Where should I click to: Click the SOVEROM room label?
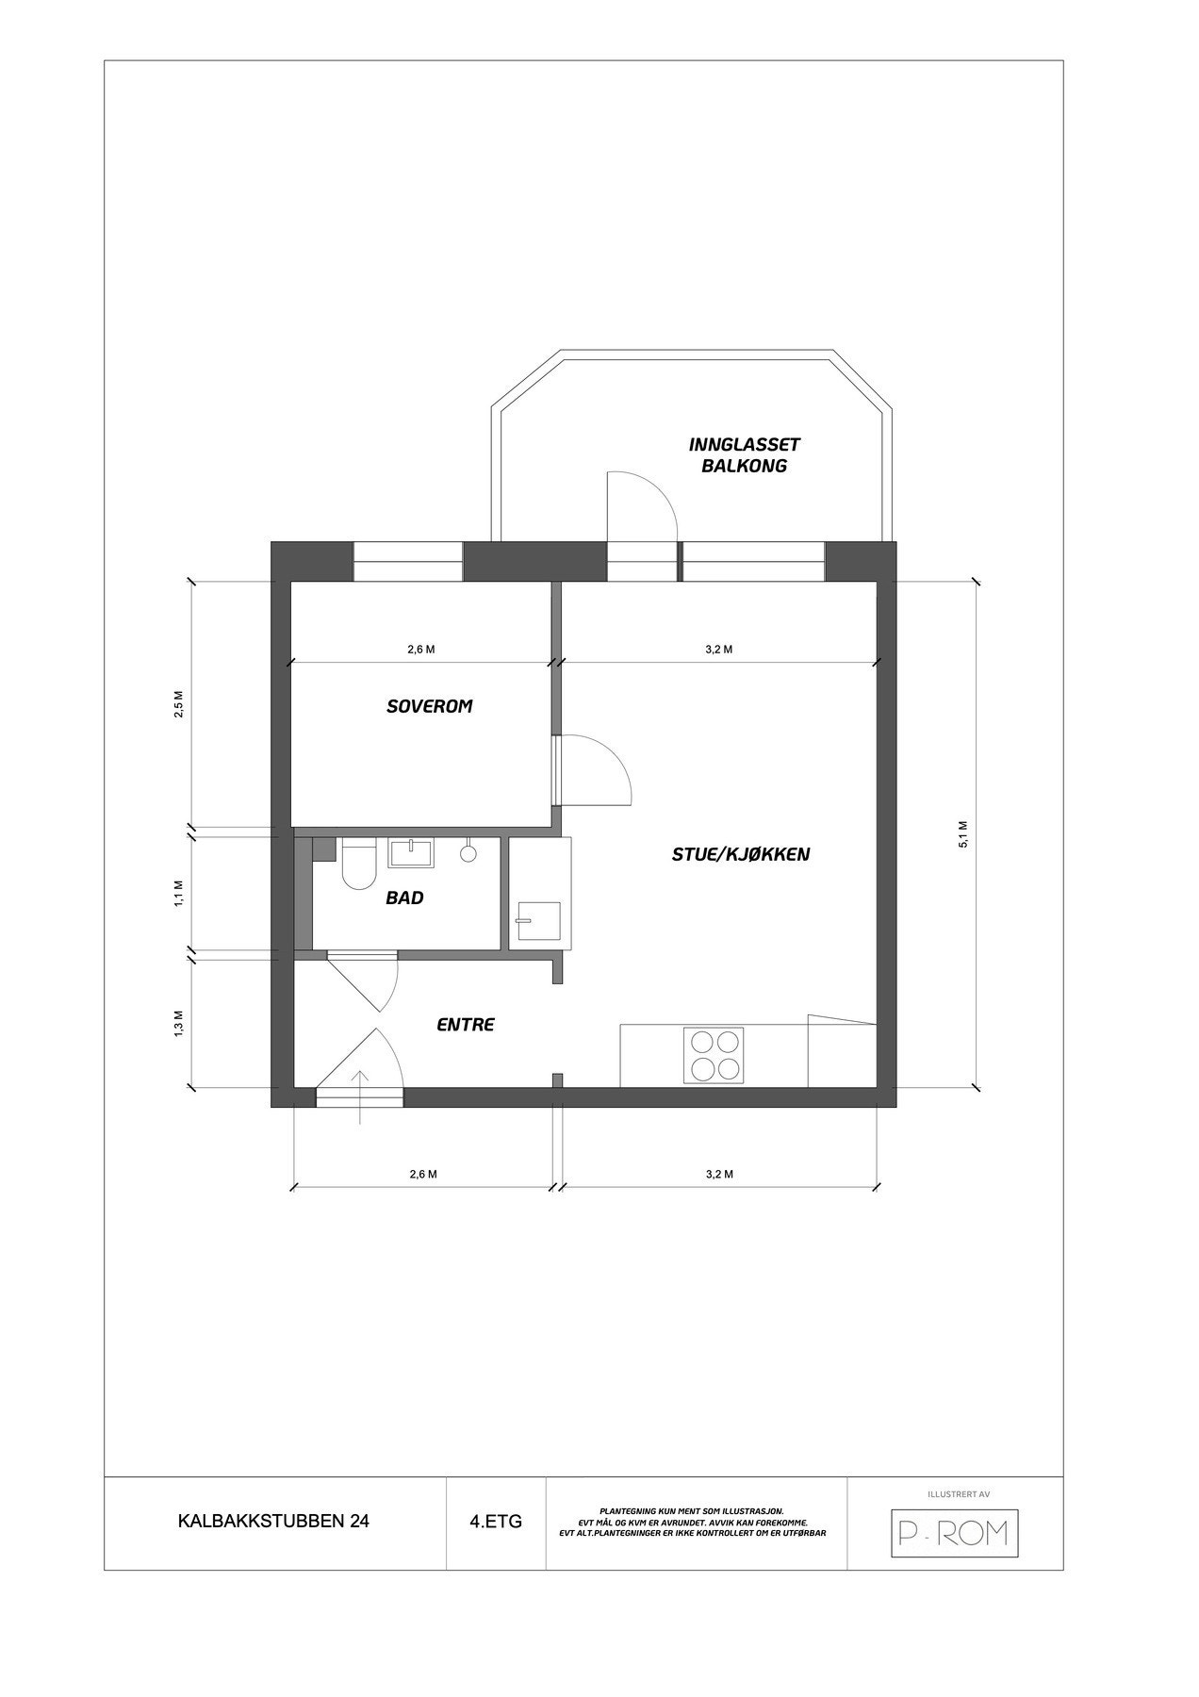[x=429, y=706]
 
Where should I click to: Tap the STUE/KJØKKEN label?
[x=741, y=855]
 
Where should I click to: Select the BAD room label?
[x=404, y=898]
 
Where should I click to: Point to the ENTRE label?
[x=466, y=1025]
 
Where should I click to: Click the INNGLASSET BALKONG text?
[x=745, y=454]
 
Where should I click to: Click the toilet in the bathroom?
[x=358, y=866]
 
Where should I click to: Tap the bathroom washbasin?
[x=411, y=852]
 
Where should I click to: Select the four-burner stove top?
[x=714, y=1055]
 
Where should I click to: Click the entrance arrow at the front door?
[x=360, y=1096]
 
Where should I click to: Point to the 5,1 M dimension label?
[x=962, y=833]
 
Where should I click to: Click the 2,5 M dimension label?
[x=178, y=704]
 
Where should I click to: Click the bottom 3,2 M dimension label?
[x=719, y=1174]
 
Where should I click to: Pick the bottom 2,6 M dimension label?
[x=422, y=1174]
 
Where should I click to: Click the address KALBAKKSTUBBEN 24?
[x=273, y=1521]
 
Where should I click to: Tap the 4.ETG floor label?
[x=496, y=1521]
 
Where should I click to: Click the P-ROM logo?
[x=955, y=1534]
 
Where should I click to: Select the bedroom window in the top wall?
[x=408, y=562]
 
